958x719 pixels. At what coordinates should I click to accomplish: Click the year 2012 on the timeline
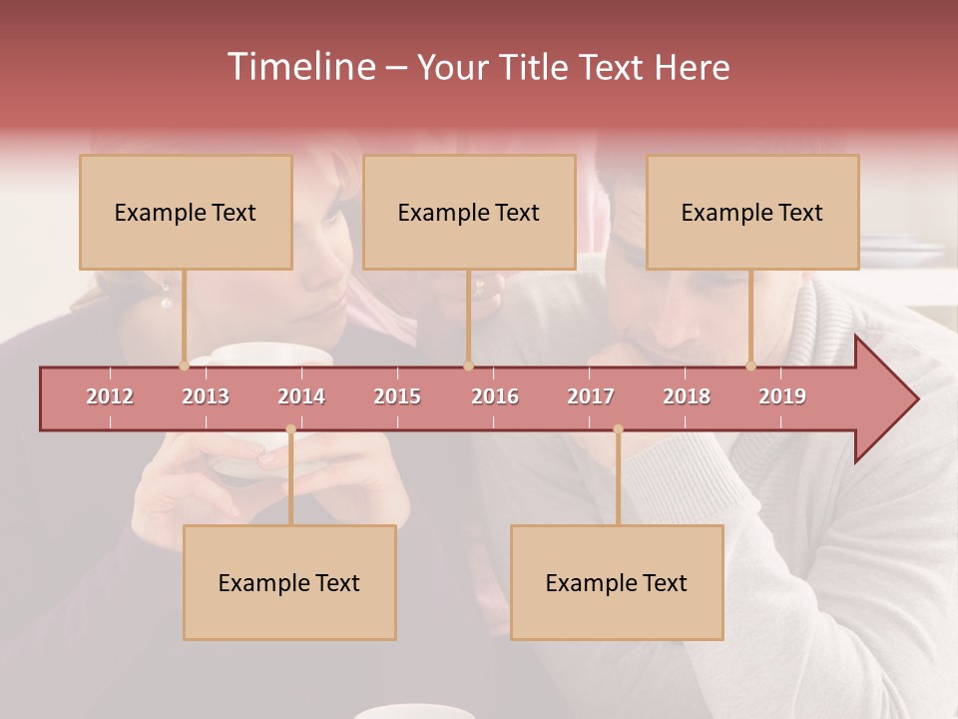tap(110, 396)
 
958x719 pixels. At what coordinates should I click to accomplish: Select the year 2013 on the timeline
tap(206, 396)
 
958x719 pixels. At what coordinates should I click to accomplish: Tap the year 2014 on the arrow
tap(301, 396)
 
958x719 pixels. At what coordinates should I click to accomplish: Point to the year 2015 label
tap(397, 396)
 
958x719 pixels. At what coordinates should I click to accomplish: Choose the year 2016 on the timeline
tap(495, 396)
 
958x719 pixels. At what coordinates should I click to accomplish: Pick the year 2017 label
tap(591, 396)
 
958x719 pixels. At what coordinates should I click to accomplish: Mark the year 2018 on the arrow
tap(687, 396)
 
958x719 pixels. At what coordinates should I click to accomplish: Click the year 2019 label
tap(782, 396)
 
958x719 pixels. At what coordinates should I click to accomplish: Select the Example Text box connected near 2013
tap(186, 212)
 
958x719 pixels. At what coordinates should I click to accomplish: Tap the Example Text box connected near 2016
tap(469, 212)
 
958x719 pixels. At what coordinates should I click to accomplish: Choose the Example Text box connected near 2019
tap(752, 212)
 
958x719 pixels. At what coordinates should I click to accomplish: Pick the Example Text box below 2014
tap(289, 582)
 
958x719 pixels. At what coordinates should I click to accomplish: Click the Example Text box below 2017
tap(617, 582)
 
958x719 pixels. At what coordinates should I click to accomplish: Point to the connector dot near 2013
tap(184, 365)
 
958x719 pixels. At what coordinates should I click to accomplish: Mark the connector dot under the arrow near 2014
tap(290, 429)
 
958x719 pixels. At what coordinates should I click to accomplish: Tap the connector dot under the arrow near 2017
tap(618, 429)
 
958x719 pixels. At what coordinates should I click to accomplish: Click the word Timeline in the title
tap(300, 67)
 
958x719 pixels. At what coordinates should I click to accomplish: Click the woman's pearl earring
tap(167, 300)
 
